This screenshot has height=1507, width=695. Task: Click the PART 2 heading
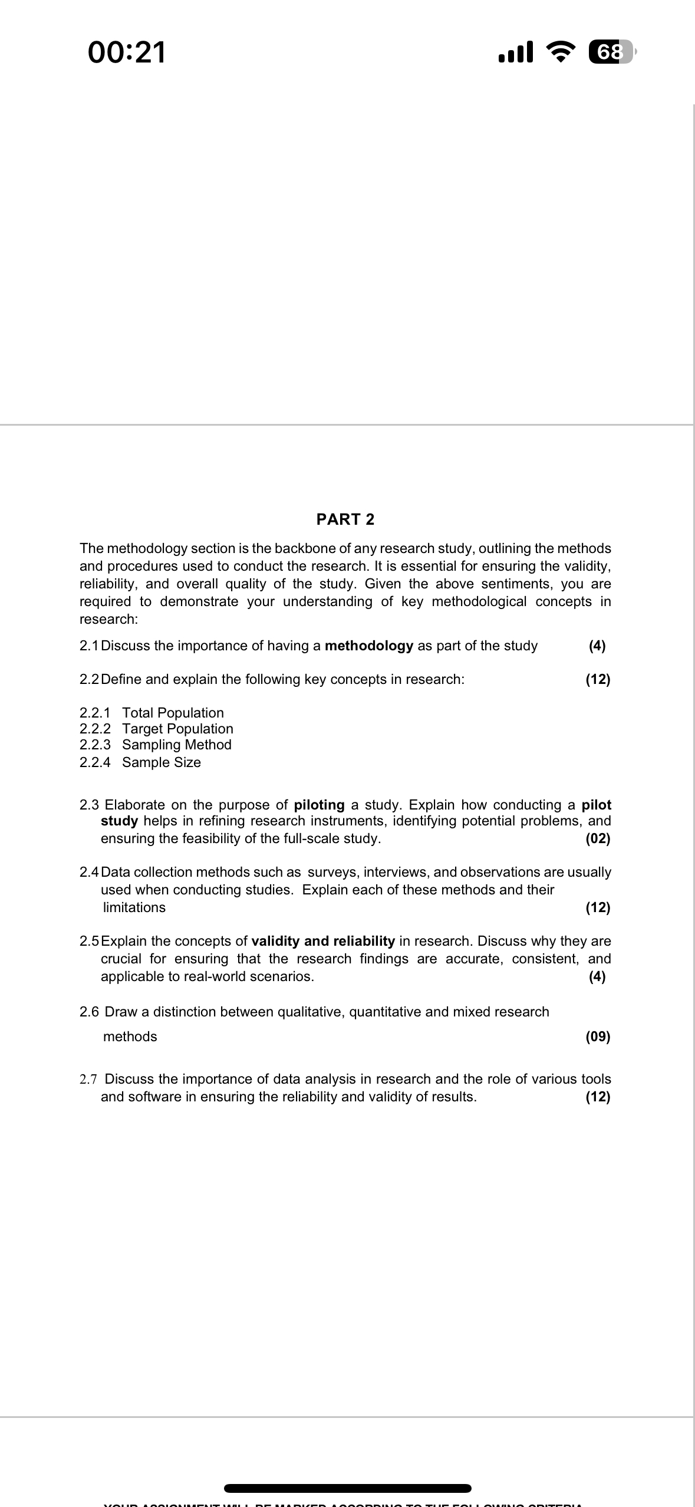[x=345, y=519]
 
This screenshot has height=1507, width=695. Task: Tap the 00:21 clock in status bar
[x=127, y=52]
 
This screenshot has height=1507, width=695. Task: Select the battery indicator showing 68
[x=611, y=52]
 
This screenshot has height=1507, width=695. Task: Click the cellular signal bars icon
[x=516, y=52]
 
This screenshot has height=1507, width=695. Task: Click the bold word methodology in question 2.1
[x=369, y=646]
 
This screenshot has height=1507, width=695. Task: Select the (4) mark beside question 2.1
[x=597, y=646]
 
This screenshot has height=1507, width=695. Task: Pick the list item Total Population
[x=173, y=713]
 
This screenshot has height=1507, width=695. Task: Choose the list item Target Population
[x=177, y=729]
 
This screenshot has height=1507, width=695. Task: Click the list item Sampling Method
[x=177, y=745]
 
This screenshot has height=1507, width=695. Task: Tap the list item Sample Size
[x=162, y=762]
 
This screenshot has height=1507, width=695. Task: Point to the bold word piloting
[x=319, y=805]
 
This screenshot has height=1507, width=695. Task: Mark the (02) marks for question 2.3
[x=598, y=839]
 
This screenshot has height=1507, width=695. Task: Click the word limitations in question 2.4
[x=134, y=907]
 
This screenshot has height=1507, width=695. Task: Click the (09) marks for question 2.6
[x=598, y=1037]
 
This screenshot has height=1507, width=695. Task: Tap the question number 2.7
[x=88, y=1079]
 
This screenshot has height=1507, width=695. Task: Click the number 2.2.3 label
[x=95, y=745]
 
